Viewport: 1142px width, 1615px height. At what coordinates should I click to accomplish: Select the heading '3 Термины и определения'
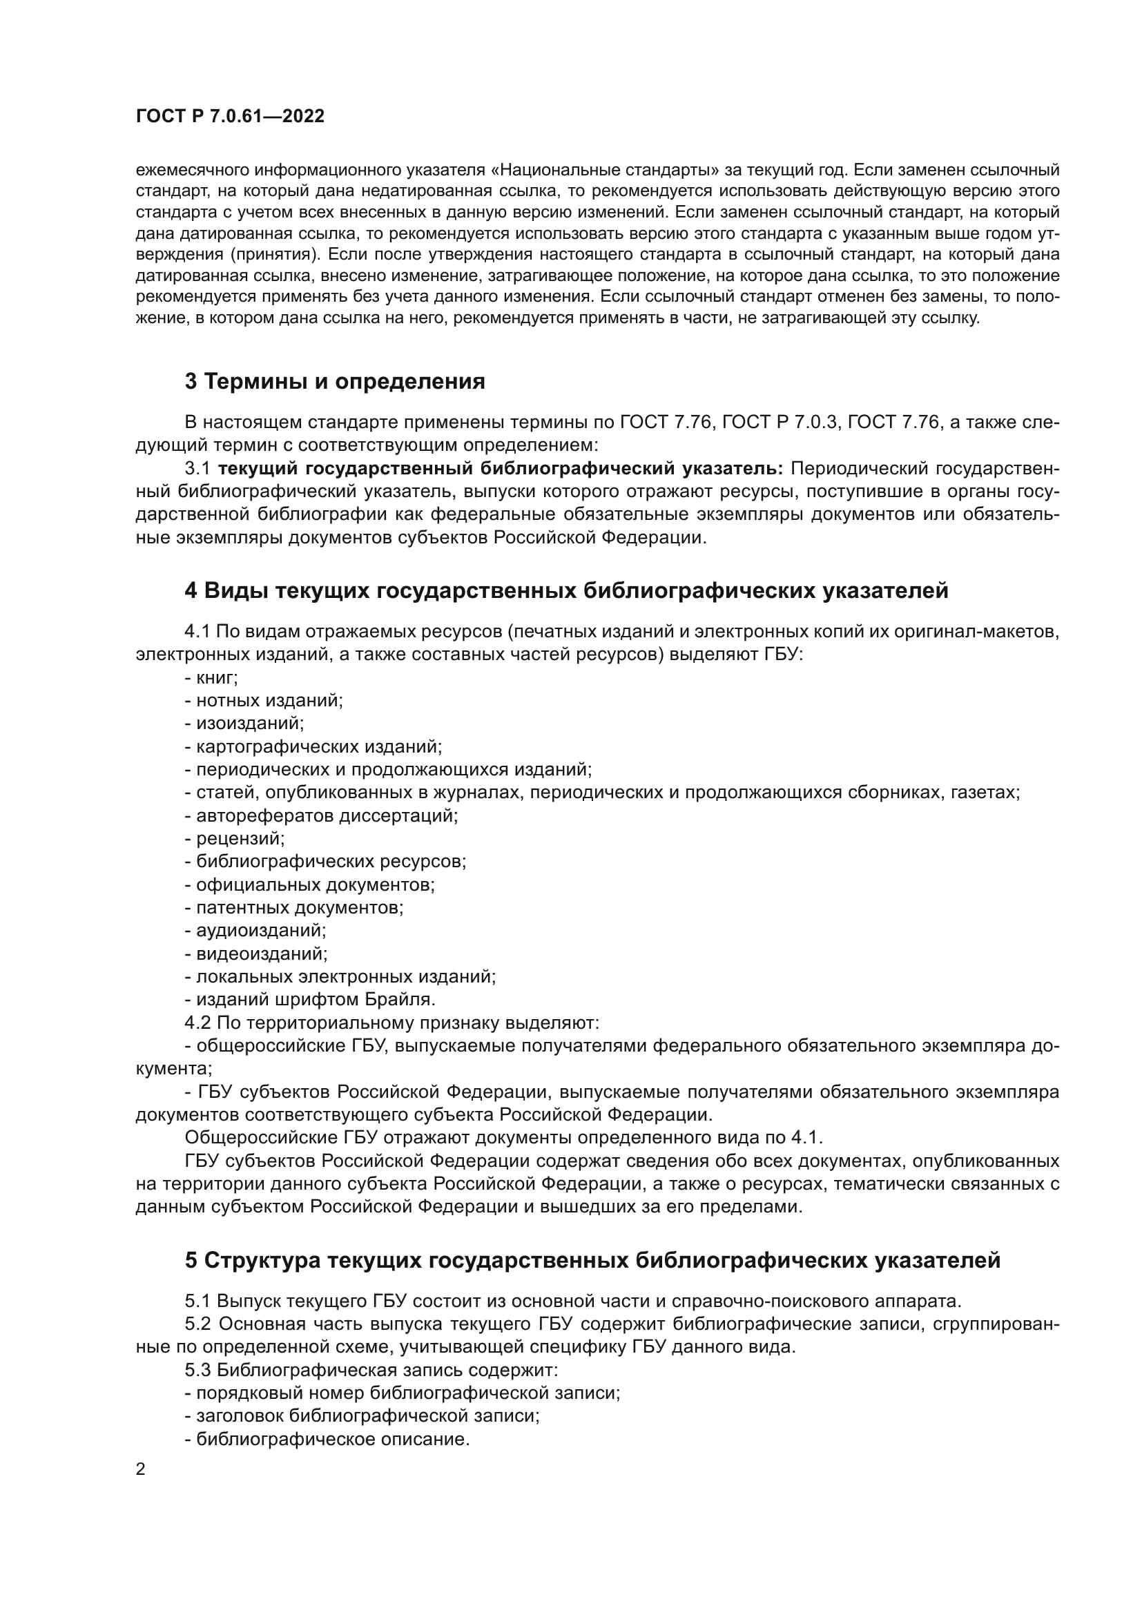point(335,381)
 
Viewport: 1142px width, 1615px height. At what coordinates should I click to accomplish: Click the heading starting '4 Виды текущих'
point(566,590)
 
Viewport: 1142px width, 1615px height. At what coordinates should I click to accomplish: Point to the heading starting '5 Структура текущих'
point(592,1260)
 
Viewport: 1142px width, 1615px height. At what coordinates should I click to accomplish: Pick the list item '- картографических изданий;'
point(313,746)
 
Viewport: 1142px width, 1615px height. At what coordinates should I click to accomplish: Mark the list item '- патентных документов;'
point(295,907)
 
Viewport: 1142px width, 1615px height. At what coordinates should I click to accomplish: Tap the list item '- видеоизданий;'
point(257,953)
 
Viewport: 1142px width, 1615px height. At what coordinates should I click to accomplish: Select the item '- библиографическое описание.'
point(327,1439)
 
